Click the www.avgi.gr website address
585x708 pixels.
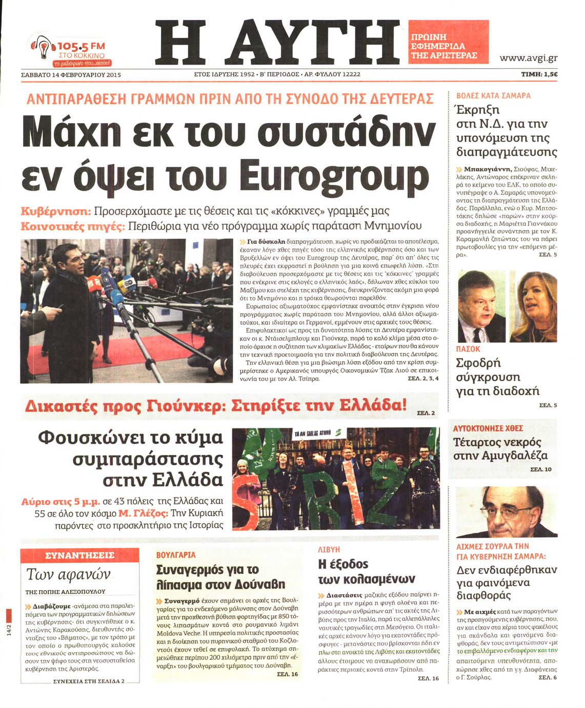tap(528, 58)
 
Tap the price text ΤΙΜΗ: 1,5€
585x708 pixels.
tap(539, 74)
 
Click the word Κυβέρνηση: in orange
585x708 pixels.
tap(56, 211)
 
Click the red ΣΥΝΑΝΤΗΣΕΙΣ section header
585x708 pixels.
tap(79, 555)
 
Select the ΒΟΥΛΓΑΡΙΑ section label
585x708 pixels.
tap(176, 554)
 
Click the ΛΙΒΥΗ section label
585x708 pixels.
tap(329, 549)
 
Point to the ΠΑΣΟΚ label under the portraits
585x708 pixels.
tap(468, 349)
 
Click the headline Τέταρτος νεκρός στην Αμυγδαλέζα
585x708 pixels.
tap(500, 449)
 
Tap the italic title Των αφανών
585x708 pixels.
tap(68, 575)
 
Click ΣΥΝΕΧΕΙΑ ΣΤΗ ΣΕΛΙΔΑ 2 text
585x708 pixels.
tap(89, 681)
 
